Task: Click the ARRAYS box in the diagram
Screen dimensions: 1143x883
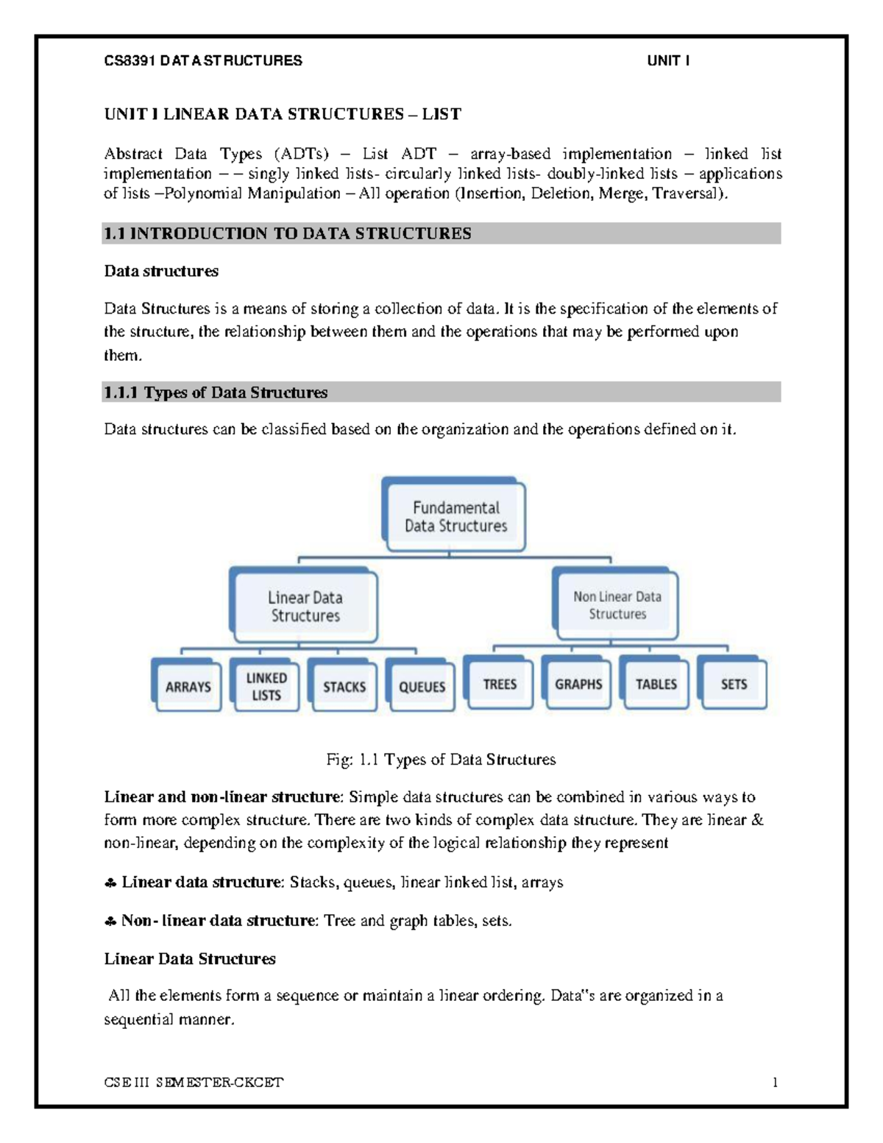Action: click(188, 686)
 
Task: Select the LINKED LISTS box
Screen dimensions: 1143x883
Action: click(266, 686)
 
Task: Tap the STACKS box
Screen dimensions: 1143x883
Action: click(344, 686)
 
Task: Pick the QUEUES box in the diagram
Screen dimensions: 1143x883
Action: click(422, 686)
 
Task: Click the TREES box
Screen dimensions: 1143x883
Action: click(500, 684)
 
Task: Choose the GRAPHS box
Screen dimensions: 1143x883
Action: click(578, 684)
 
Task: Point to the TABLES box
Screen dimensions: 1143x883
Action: click(656, 684)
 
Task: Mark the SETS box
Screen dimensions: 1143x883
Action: click(734, 684)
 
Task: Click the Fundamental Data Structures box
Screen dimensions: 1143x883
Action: click(455, 517)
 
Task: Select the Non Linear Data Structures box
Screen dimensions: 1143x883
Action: click(617, 605)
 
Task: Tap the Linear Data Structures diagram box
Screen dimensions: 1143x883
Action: click(305, 606)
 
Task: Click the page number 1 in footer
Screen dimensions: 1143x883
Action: click(775, 1082)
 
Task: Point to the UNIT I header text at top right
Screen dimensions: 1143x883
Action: click(668, 61)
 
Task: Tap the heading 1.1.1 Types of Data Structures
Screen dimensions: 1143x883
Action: click(216, 392)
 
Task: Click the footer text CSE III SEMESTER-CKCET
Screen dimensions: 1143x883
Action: click(194, 1082)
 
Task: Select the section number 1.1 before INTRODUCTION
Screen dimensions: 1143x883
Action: click(114, 233)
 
